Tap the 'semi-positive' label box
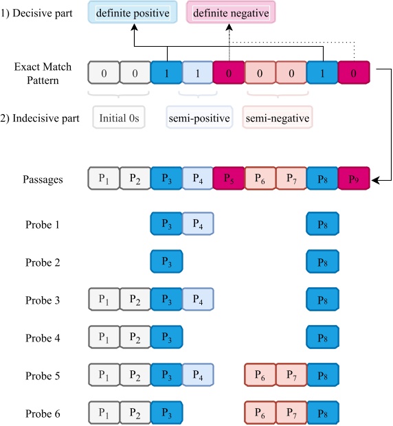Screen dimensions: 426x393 click(199, 118)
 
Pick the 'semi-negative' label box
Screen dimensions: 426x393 click(277, 118)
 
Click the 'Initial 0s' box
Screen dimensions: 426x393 click(119, 118)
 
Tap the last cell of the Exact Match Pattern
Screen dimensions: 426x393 click(354, 73)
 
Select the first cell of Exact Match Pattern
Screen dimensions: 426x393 click(104, 73)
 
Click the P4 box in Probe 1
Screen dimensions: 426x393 click(198, 224)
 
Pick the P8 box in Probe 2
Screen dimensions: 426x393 click(322, 262)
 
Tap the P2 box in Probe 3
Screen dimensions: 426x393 click(135, 300)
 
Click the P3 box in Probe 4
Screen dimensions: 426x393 click(166, 337)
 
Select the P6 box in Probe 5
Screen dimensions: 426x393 click(260, 376)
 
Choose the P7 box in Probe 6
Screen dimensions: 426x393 click(291, 414)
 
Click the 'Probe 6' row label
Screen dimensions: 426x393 click(43, 414)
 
